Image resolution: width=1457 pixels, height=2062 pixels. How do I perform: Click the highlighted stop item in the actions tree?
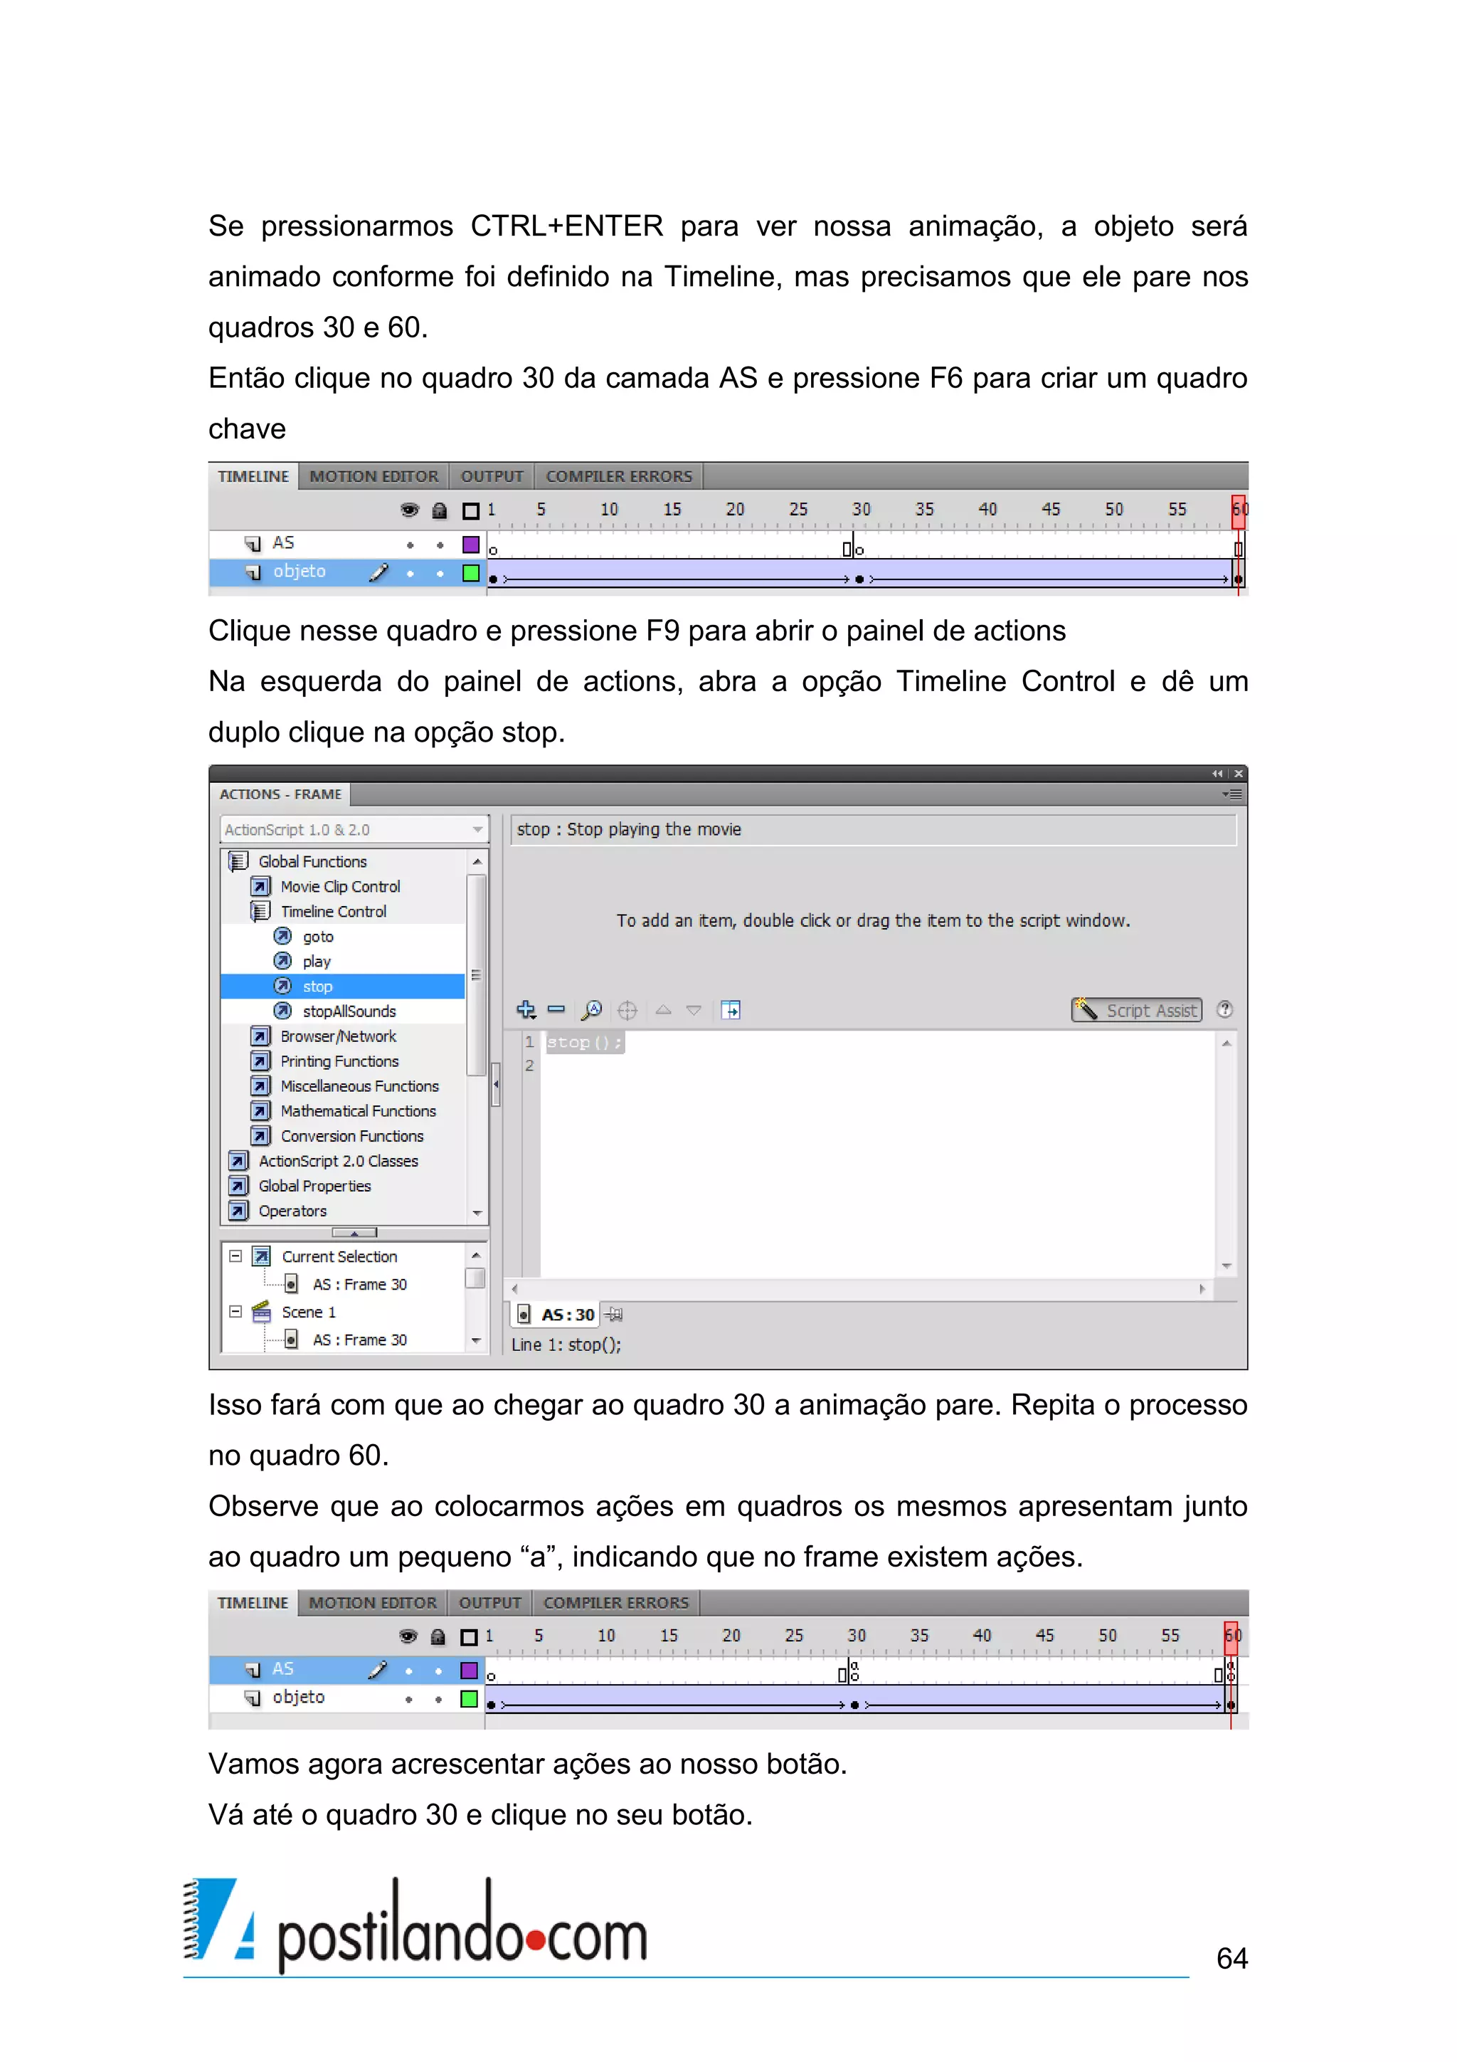click(317, 986)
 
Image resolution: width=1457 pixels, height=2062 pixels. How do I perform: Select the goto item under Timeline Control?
click(318, 937)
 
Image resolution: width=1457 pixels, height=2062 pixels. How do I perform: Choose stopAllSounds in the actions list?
click(349, 1011)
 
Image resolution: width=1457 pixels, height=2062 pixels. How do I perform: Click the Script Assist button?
click(1137, 1010)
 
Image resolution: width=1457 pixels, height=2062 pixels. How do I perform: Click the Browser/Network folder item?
click(337, 1036)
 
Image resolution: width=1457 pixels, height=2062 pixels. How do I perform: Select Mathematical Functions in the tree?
click(357, 1111)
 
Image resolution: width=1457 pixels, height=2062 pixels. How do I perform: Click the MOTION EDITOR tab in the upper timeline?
click(373, 477)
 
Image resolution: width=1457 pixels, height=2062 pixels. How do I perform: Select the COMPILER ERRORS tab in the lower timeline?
click(616, 1603)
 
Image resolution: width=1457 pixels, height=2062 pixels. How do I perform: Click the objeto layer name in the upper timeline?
click(299, 571)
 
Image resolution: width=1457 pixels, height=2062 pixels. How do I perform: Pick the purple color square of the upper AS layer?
click(470, 545)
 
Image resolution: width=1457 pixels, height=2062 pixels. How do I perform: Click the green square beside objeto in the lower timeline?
click(469, 1698)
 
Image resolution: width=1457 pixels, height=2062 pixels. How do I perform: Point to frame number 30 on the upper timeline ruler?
click(861, 509)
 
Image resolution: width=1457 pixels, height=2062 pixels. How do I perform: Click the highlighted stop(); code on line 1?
click(583, 1043)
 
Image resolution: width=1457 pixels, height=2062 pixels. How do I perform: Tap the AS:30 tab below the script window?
click(566, 1315)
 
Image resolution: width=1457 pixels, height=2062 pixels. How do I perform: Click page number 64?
click(1231, 1958)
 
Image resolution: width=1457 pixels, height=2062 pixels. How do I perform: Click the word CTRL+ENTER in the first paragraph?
click(566, 226)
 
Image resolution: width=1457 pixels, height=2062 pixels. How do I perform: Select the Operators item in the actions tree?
click(292, 1211)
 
